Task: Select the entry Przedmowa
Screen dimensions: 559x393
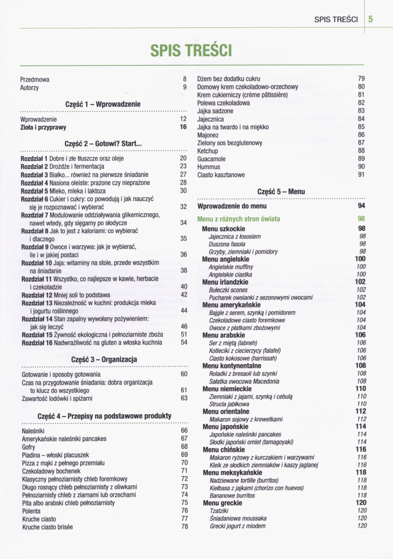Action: click(x=35, y=79)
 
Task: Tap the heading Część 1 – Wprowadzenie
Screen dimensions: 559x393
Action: click(x=103, y=104)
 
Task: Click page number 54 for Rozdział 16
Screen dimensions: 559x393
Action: click(x=183, y=342)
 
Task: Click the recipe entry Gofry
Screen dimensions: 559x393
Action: click(x=28, y=447)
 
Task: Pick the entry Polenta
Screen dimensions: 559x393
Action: click(x=31, y=511)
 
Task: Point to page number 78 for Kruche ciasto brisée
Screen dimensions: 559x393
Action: click(x=184, y=527)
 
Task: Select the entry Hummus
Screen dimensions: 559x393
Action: click(x=210, y=167)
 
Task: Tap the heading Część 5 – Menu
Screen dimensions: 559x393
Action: click(x=281, y=192)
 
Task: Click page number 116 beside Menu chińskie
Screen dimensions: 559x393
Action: click(x=361, y=449)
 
